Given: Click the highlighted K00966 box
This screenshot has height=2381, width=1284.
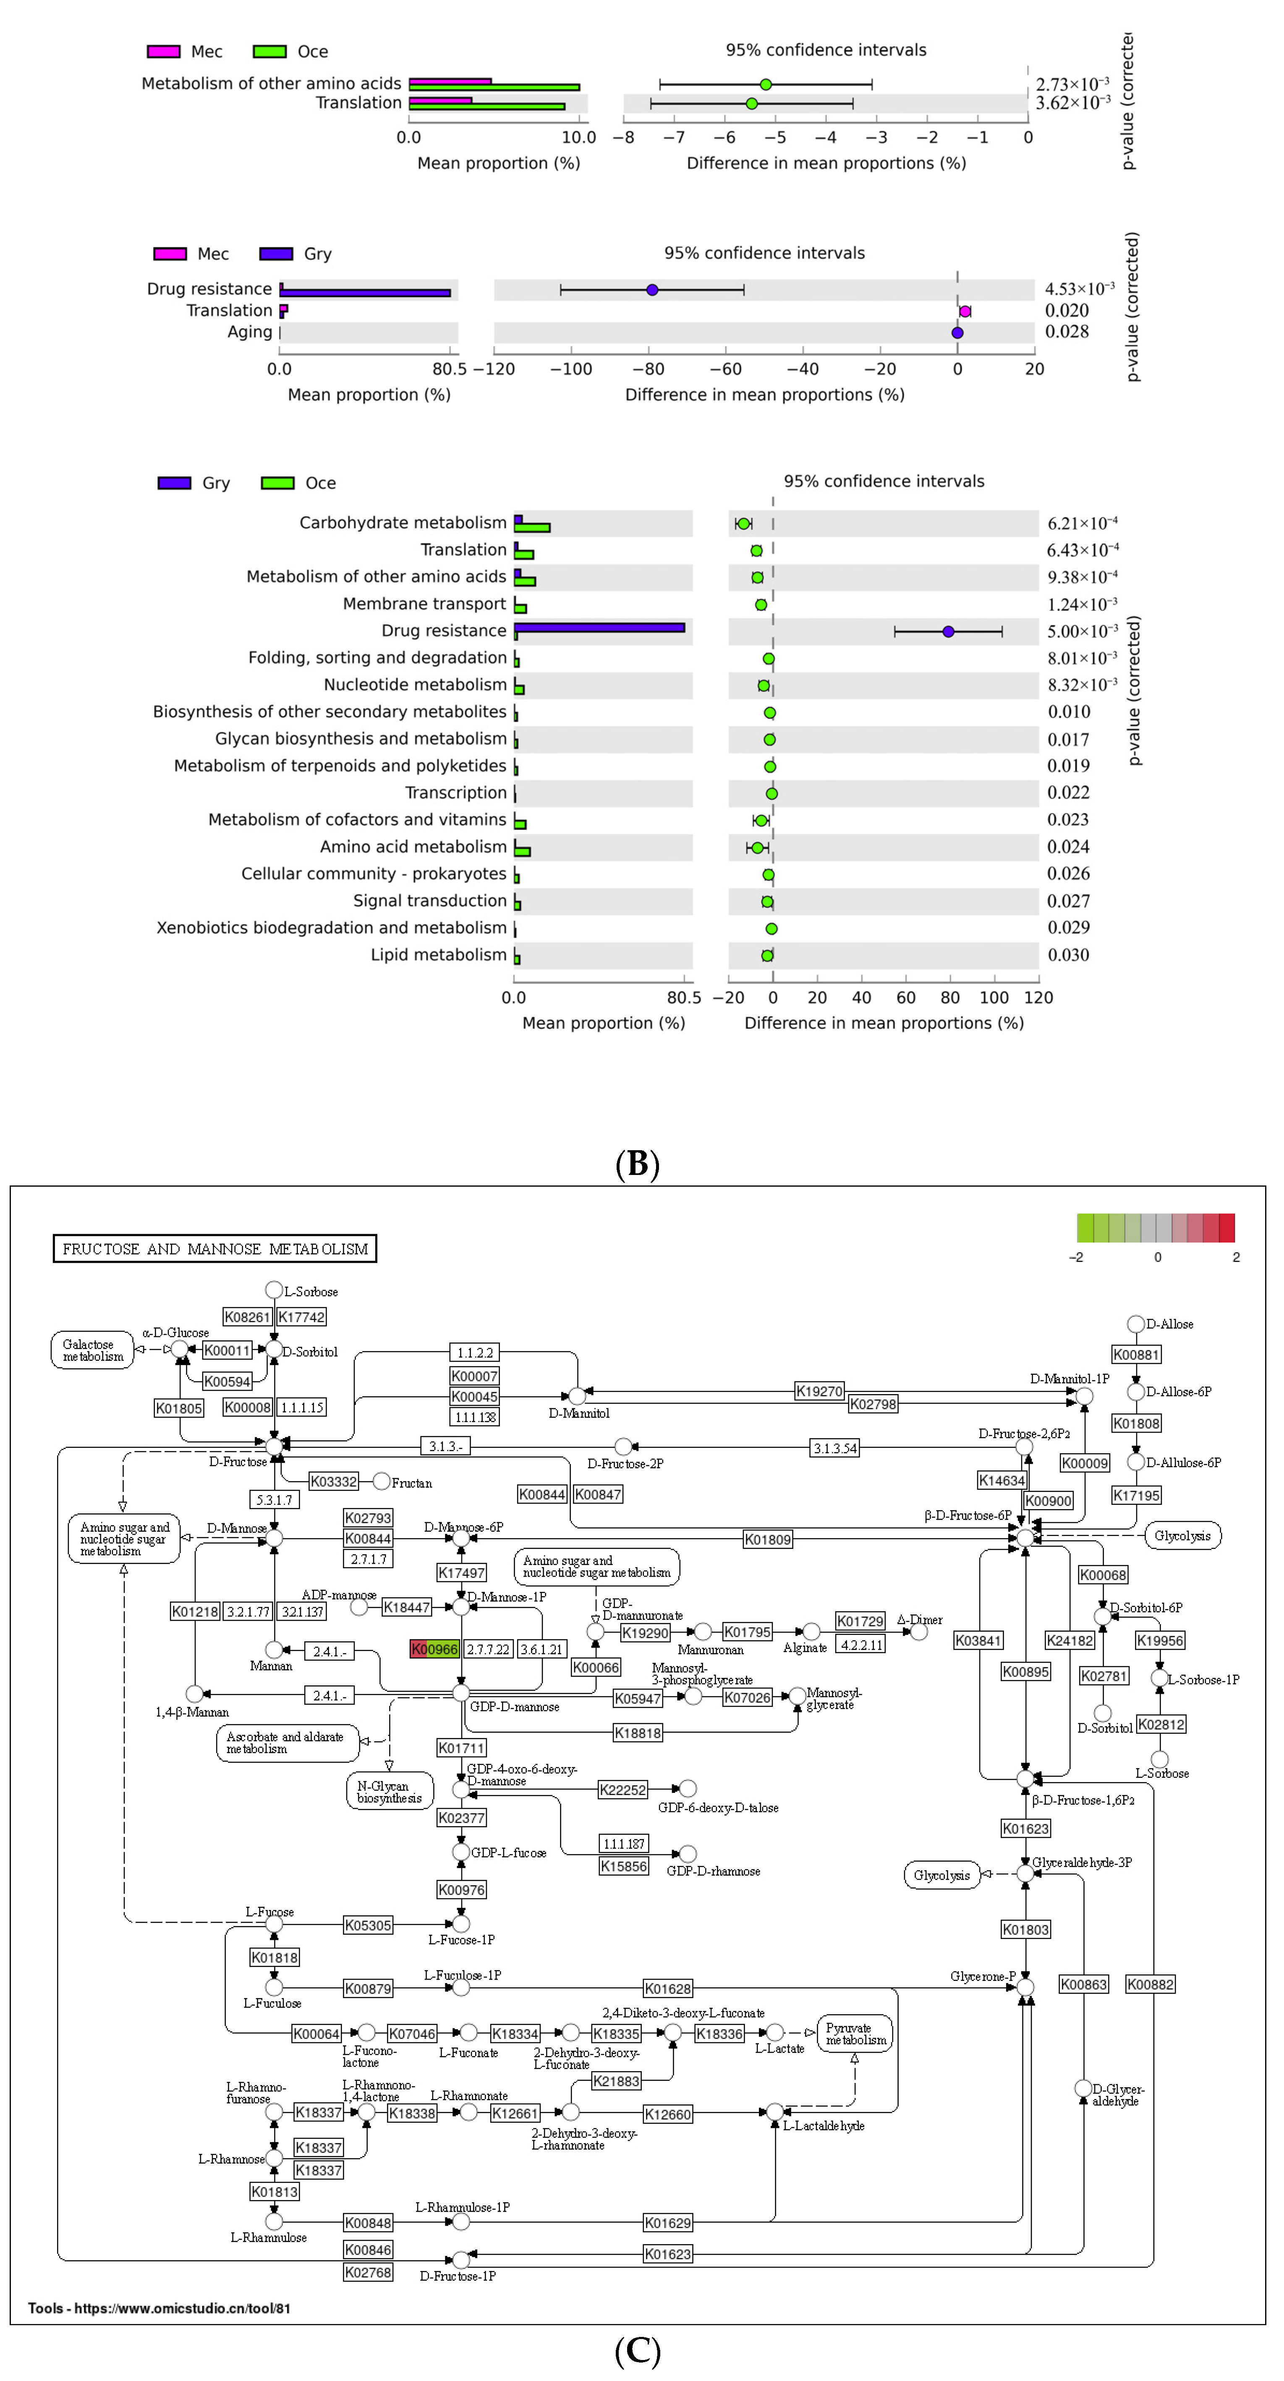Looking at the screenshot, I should (x=434, y=1649).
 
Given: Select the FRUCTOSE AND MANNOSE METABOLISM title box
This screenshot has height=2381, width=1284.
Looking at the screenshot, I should (x=214, y=1249).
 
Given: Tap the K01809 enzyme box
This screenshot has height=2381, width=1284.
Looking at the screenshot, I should (x=767, y=1539).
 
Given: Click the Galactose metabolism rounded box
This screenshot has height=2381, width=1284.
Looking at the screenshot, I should (x=92, y=1350).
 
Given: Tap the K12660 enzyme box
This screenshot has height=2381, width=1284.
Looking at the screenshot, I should (x=667, y=2114).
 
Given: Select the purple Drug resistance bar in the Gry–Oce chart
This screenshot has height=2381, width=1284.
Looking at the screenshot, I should (x=599, y=628).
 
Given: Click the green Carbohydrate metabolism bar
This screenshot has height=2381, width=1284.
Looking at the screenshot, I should (x=533, y=528).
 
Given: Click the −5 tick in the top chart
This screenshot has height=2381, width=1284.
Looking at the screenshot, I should (x=775, y=138).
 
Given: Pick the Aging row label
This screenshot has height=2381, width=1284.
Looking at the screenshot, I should (x=250, y=332).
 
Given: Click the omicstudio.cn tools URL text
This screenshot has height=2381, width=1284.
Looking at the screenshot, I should (x=159, y=2308).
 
